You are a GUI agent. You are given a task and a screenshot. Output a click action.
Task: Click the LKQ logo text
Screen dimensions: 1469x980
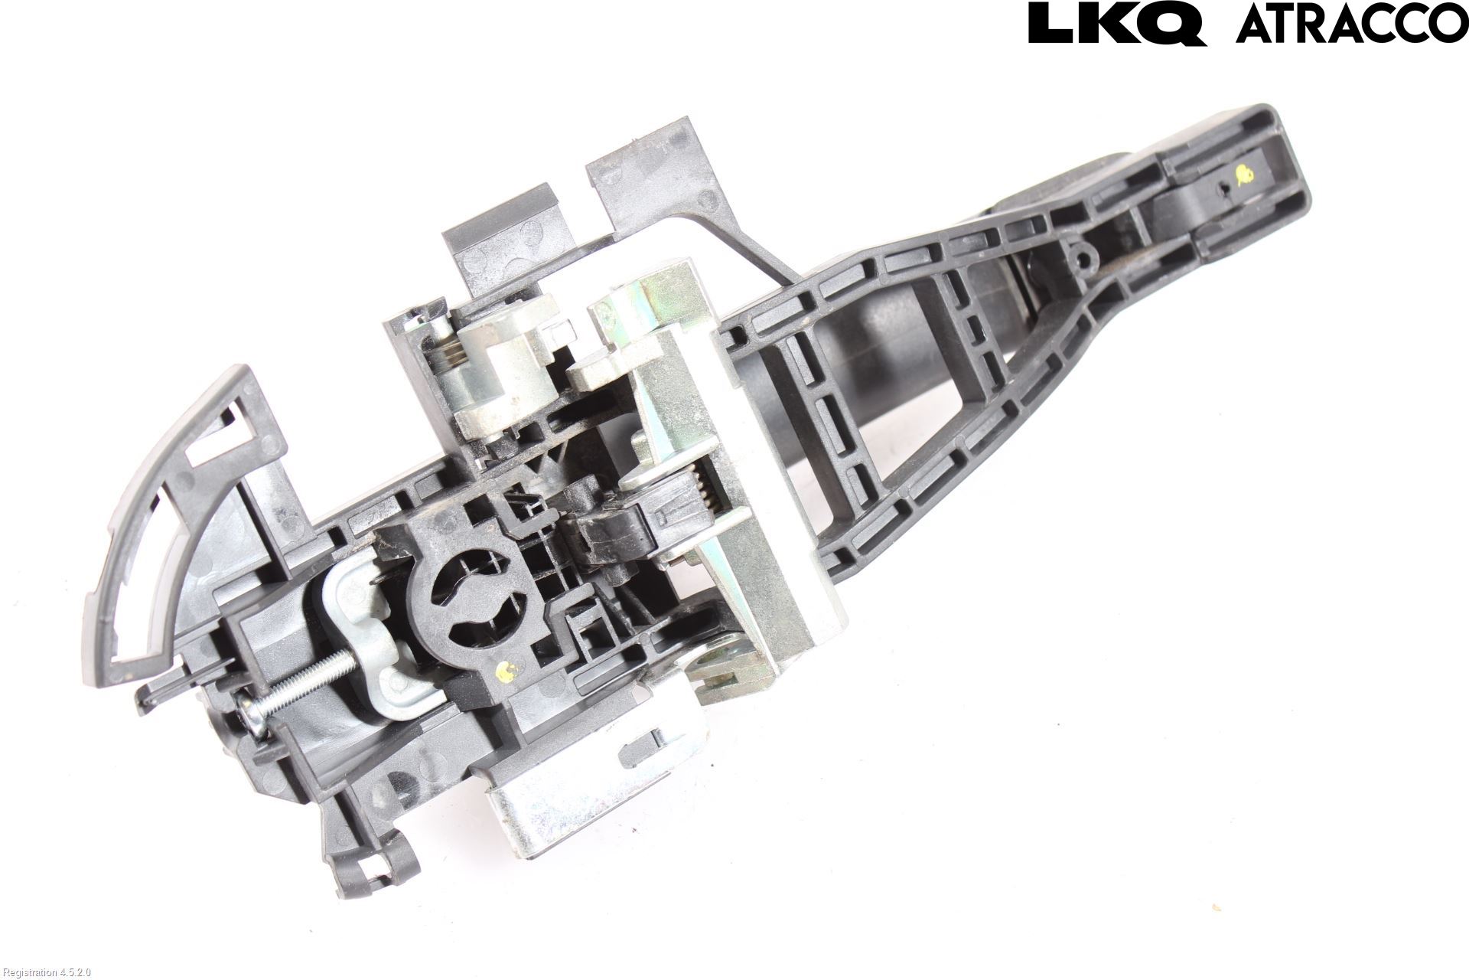1117,23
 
